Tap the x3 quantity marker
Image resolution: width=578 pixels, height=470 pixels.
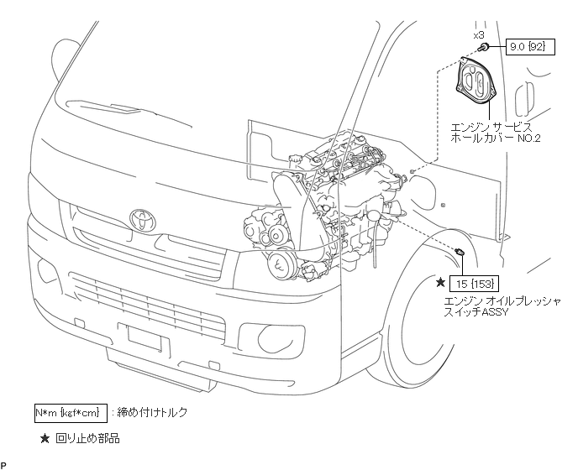(x=479, y=35)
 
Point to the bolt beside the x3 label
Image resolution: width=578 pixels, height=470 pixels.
(x=486, y=47)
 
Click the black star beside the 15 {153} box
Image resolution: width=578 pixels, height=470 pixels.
(x=441, y=282)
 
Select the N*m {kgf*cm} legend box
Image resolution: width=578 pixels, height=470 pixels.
(x=71, y=412)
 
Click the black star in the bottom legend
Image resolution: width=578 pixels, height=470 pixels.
(x=45, y=437)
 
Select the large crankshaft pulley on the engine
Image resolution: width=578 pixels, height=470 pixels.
(x=281, y=266)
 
